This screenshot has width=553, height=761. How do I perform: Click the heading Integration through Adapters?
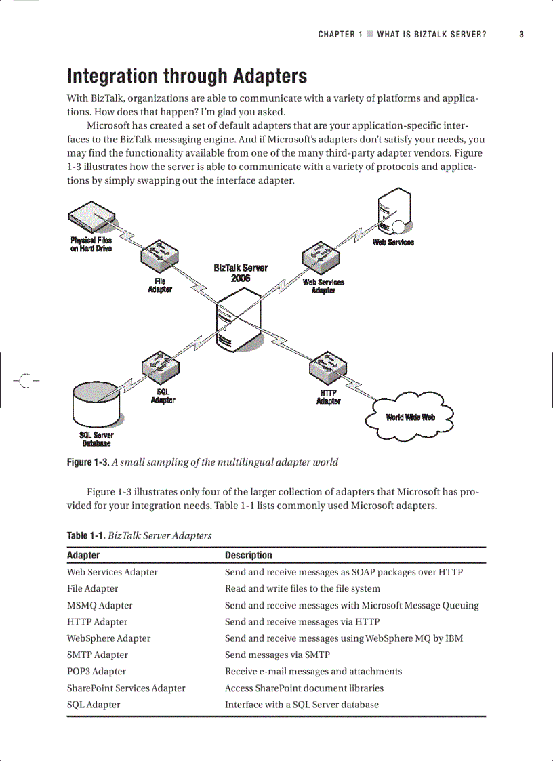[x=186, y=76]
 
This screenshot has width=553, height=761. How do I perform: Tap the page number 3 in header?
[x=521, y=35]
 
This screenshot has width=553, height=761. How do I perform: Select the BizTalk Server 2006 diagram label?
[x=241, y=272]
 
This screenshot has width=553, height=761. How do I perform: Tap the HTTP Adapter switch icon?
[x=328, y=368]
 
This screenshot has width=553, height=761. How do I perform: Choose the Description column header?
[x=248, y=555]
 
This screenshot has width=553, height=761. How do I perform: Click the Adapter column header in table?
[x=83, y=555]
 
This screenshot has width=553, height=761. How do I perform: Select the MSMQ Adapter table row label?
[x=100, y=605]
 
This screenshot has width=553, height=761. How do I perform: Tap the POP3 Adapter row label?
[x=96, y=671]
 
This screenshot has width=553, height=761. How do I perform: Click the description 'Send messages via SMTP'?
[x=277, y=655]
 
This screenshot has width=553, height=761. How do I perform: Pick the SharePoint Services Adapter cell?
[x=126, y=688]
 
